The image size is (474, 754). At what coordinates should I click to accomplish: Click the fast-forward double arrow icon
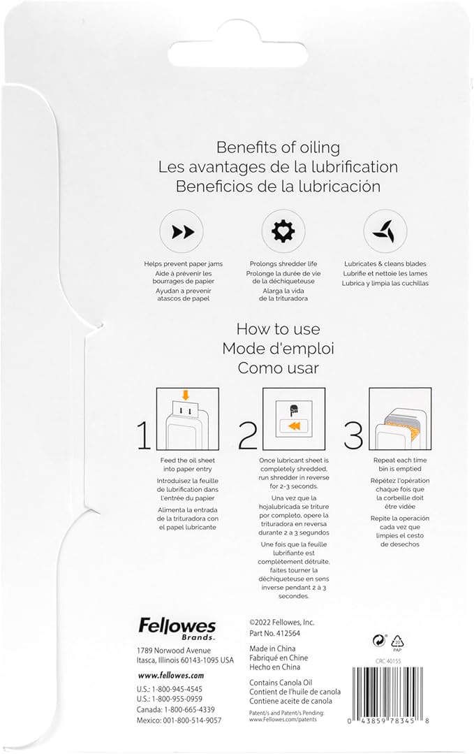click(182, 232)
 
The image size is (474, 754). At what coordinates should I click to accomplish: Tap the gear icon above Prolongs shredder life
click(283, 231)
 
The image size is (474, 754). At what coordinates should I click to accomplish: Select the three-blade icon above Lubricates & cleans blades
click(385, 232)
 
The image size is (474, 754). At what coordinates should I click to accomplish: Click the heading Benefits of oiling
click(278, 147)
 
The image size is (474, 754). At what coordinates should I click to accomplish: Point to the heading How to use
click(278, 329)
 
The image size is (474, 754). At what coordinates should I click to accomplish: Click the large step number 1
click(144, 435)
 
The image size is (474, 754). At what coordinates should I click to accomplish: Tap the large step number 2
click(248, 435)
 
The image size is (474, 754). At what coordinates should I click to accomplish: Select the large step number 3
click(353, 435)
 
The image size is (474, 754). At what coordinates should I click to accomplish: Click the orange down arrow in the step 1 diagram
click(186, 395)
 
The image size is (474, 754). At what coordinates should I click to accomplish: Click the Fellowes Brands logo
click(177, 630)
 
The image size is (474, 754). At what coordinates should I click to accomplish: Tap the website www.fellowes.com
click(171, 675)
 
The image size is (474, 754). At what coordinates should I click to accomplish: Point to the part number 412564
click(288, 633)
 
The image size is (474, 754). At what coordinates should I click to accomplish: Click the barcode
click(387, 695)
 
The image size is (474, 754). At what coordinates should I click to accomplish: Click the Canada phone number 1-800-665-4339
click(189, 710)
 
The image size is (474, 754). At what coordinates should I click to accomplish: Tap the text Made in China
click(272, 648)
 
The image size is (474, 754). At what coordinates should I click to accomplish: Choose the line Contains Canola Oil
click(281, 682)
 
